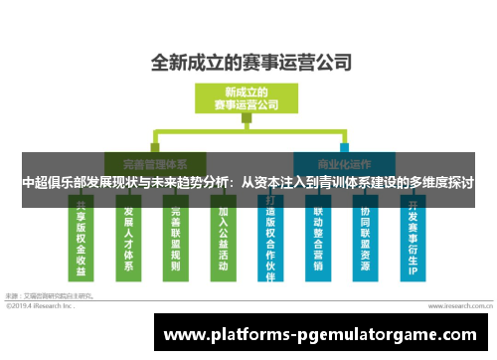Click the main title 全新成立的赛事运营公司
[x=249, y=62]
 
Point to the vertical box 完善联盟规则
[x=175, y=240]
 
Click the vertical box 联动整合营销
[x=318, y=240]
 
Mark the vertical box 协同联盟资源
[x=365, y=240]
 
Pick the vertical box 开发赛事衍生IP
[x=412, y=240]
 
